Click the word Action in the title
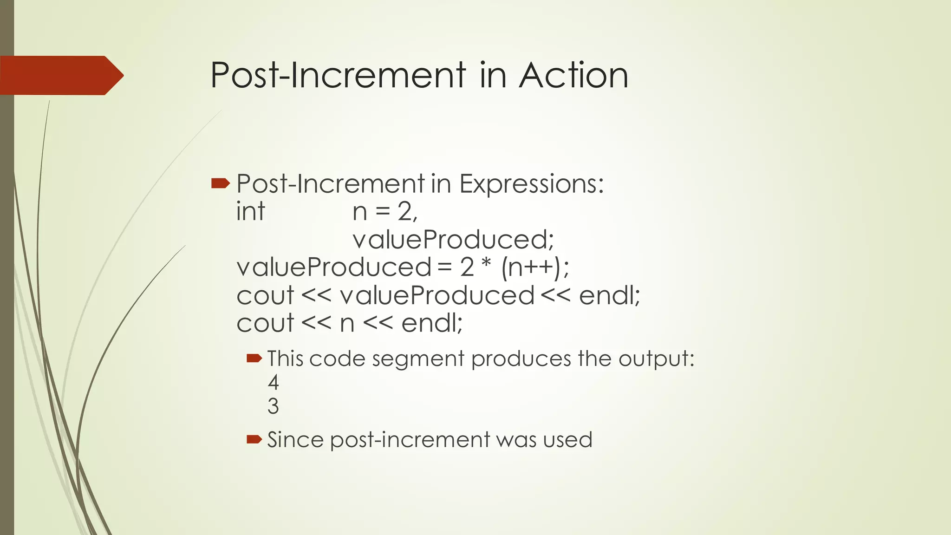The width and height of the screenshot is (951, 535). pos(573,75)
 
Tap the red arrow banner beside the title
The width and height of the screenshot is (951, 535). pos(60,75)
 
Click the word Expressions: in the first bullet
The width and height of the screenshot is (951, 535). pos(531,184)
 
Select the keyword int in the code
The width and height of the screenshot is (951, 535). pos(250,212)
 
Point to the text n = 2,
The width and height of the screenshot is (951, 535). pos(385,212)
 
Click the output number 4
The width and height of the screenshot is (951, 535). pos(273,383)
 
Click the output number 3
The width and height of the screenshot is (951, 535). pos(273,406)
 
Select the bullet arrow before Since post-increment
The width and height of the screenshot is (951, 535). pos(254,439)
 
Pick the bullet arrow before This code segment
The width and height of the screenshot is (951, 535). pos(254,358)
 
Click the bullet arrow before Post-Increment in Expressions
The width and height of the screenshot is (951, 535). pos(220,184)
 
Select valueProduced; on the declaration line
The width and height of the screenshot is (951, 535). pos(453,240)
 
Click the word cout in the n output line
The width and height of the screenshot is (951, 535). pos(265,323)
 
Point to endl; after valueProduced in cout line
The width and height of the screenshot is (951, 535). pos(609,295)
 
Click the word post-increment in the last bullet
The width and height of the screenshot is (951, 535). pos(410,440)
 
